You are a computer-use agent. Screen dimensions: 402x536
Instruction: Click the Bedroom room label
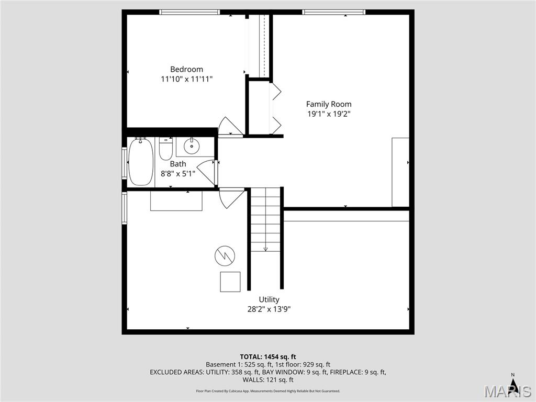click(x=186, y=69)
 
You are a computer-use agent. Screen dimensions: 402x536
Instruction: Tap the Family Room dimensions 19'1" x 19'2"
click(x=329, y=114)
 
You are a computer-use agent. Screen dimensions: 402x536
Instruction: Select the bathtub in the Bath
click(x=140, y=162)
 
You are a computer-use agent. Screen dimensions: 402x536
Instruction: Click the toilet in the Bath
click(x=166, y=149)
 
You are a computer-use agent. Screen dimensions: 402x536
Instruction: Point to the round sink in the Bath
click(x=192, y=146)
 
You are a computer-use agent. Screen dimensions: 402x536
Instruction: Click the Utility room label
click(x=269, y=299)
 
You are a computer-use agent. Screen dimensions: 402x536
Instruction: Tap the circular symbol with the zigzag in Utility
click(x=225, y=255)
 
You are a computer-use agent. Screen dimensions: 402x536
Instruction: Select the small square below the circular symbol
click(x=230, y=282)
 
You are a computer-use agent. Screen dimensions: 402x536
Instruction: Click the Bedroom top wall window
click(x=189, y=12)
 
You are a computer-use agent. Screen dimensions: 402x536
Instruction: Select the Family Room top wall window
click(x=333, y=12)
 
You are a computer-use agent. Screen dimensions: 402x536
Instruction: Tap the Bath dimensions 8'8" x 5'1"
click(x=178, y=173)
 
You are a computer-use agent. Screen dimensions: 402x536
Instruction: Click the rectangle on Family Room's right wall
click(x=400, y=172)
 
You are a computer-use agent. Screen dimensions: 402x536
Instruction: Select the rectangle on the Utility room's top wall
click(x=176, y=201)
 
